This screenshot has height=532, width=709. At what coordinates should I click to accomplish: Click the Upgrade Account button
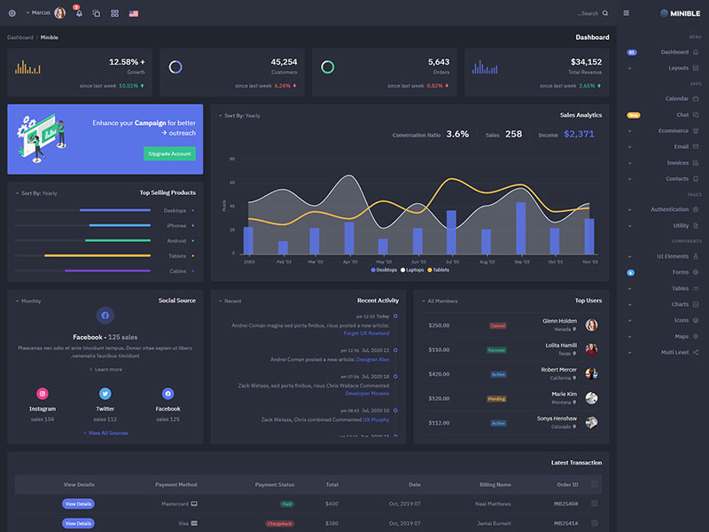click(169, 153)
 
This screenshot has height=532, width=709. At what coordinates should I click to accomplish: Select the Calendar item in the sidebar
click(677, 98)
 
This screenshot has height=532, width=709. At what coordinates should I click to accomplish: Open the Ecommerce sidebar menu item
click(674, 130)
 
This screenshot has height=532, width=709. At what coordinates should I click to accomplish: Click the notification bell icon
click(79, 14)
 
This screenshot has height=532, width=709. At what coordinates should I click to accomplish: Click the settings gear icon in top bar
click(12, 13)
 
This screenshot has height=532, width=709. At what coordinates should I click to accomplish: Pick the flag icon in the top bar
click(133, 14)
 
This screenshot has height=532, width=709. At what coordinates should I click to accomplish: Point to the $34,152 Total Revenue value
click(586, 62)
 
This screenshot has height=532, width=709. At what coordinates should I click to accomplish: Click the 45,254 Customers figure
click(284, 62)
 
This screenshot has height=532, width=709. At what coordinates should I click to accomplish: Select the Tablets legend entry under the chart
click(438, 270)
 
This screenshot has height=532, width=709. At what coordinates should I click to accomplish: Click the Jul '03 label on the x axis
click(452, 262)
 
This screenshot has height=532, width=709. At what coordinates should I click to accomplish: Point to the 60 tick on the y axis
click(232, 159)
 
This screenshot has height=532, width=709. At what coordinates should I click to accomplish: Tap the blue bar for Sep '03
click(520, 228)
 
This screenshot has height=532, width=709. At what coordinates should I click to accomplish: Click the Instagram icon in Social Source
click(42, 394)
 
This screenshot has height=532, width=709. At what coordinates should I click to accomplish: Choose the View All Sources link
click(106, 433)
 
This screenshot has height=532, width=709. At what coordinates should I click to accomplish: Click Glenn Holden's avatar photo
click(591, 325)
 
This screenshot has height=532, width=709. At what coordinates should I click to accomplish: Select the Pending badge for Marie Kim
click(496, 399)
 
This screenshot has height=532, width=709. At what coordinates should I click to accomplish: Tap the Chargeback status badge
click(278, 524)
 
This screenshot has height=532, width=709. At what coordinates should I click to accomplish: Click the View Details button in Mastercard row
click(78, 504)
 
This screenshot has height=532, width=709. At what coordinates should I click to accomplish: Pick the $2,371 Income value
click(579, 134)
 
